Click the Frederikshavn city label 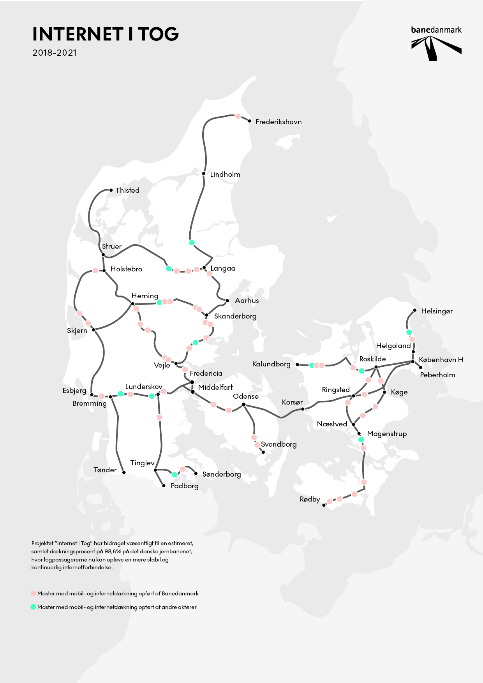tap(279, 122)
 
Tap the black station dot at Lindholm tap(204, 174)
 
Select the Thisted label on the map tap(127, 190)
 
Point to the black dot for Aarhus tap(227, 301)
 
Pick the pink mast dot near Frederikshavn tap(238, 116)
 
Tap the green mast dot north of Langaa tap(192, 243)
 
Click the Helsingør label tap(437, 311)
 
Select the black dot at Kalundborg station tap(298, 365)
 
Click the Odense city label tap(246, 396)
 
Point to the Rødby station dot tap(324, 505)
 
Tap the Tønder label tap(105, 470)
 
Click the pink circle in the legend tap(33, 593)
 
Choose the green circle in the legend tap(33, 607)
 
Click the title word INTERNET tap(78, 34)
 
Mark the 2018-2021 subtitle tap(55, 53)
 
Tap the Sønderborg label tap(222, 474)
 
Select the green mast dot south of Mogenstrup tap(361, 440)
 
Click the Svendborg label tap(279, 444)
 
